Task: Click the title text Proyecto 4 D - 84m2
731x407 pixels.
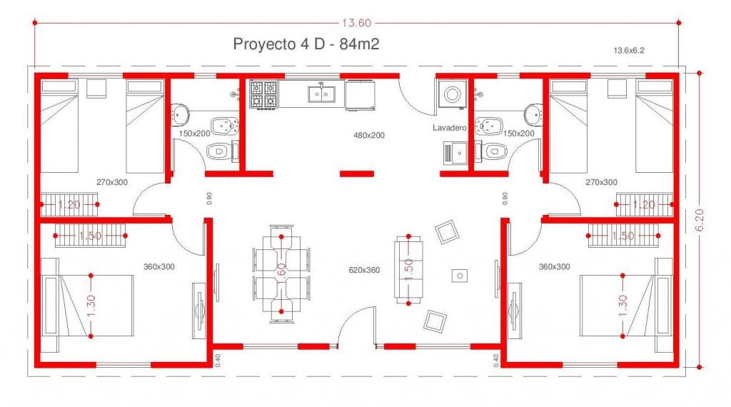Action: (x=306, y=44)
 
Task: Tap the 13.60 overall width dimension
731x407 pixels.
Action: (x=357, y=23)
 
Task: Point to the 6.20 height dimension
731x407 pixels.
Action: (x=700, y=220)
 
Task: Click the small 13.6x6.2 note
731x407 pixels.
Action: (x=629, y=51)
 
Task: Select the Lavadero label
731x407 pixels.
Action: (x=450, y=128)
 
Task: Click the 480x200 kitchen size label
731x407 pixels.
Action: (x=369, y=135)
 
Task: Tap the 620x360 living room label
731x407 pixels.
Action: (x=364, y=270)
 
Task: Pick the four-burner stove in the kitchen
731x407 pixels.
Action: (x=263, y=95)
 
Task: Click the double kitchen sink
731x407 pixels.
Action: (x=321, y=94)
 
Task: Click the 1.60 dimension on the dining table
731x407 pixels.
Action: (x=281, y=273)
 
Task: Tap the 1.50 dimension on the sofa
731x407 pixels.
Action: (x=408, y=269)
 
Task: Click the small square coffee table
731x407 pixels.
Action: (x=460, y=276)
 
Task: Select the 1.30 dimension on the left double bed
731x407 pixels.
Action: (x=91, y=306)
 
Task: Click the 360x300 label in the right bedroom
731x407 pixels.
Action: (x=554, y=266)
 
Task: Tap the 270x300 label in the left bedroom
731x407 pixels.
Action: (x=112, y=182)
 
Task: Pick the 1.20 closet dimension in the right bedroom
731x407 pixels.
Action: (x=644, y=204)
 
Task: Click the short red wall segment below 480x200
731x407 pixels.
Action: (x=357, y=174)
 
